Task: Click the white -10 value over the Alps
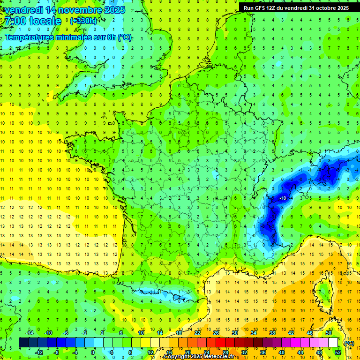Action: [283, 198]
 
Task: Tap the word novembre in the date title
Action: [76, 10]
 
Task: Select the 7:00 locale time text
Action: [33, 21]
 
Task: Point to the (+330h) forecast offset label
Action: [83, 21]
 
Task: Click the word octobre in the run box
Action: [325, 8]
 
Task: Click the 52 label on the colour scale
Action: [337, 352]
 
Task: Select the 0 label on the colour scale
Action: [93, 352]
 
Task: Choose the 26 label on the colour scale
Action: [216, 332]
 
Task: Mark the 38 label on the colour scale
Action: [272, 332]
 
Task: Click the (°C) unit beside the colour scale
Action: [349, 343]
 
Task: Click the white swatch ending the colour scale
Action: [333, 342]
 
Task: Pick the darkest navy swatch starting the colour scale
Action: [23, 342]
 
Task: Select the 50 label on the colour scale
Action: [328, 332]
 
